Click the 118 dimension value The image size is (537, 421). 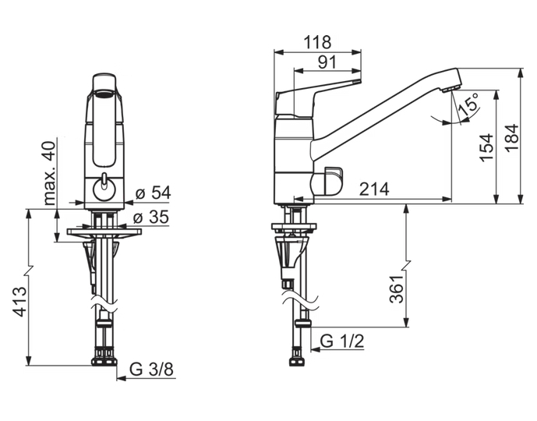point(318,42)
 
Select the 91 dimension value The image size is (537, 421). point(327,62)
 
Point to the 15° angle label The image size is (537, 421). point(469,105)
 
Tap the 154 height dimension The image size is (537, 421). point(486,148)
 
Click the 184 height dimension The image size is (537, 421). point(510,137)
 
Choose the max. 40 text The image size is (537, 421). point(50,173)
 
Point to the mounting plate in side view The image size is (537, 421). point(294,228)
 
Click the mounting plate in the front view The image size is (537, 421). point(103,232)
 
